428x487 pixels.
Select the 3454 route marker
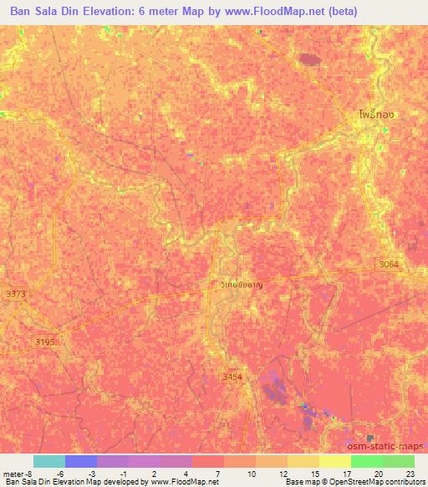coord(232,377)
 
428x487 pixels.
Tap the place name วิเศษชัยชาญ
coord(248,285)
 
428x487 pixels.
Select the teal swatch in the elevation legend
coord(49,460)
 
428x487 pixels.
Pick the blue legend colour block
coord(81,460)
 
